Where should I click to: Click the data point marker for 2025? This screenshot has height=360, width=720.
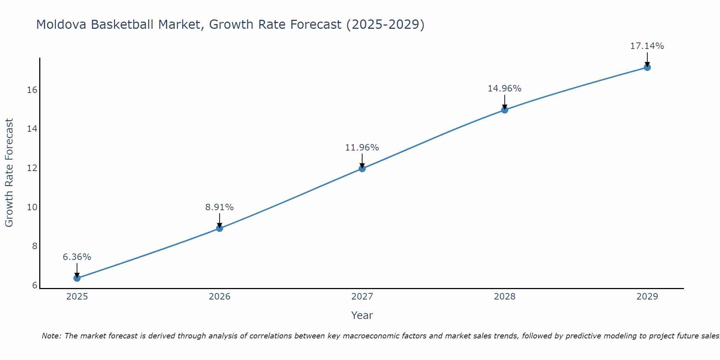click(x=77, y=278)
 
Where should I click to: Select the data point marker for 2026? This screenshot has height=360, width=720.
click(x=220, y=228)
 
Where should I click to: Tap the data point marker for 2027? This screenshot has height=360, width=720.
click(x=362, y=168)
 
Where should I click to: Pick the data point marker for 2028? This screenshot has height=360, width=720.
click(x=505, y=110)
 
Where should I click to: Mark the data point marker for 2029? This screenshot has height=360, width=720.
click(x=647, y=67)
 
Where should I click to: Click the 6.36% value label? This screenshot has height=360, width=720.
click(x=77, y=257)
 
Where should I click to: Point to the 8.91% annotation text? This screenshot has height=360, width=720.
click(x=220, y=207)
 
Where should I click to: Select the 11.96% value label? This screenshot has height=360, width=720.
click(x=362, y=148)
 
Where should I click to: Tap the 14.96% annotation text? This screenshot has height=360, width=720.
click(x=505, y=89)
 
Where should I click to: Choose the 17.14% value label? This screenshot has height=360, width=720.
click(x=647, y=46)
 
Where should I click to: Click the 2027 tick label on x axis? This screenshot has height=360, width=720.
click(x=362, y=297)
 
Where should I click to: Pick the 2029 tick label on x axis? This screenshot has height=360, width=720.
click(x=647, y=297)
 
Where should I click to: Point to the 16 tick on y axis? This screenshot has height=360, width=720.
click(x=32, y=90)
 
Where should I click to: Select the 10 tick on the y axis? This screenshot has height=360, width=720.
click(x=32, y=207)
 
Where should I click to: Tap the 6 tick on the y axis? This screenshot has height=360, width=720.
click(x=35, y=285)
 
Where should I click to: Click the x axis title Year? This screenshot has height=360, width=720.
click(x=362, y=315)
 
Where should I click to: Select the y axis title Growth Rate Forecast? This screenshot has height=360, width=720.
click(x=9, y=173)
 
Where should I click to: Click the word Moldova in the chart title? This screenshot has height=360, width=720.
click(x=61, y=24)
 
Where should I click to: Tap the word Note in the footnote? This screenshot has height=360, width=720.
click(x=51, y=336)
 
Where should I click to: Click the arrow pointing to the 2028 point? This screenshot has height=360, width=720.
click(x=505, y=102)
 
